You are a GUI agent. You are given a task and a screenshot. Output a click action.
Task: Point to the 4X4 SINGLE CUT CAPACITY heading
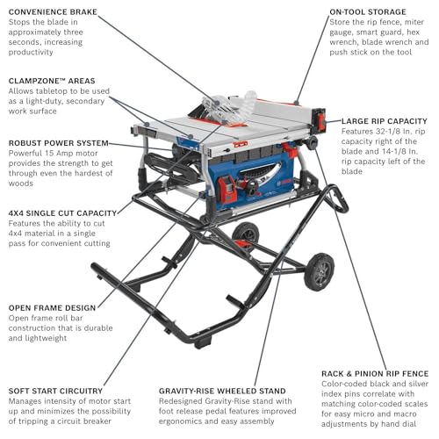[x=62, y=213]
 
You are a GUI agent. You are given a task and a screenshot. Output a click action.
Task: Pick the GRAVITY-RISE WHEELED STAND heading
[x=222, y=391]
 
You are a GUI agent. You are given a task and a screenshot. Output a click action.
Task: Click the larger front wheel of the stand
[x=319, y=271]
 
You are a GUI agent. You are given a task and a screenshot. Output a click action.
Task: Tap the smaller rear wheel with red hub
[x=245, y=234]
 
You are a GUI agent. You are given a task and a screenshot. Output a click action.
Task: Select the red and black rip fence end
[x=320, y=120]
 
